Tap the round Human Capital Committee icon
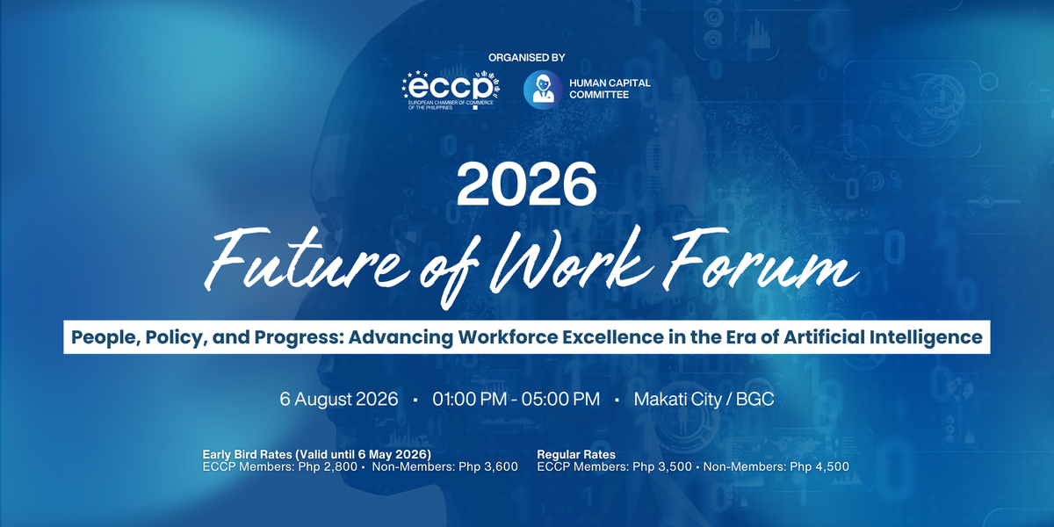[x=543, y=90]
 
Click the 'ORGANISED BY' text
[x=526, y=58]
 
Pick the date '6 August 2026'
[x=334, y=399]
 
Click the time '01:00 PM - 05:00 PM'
[x=516, y=399]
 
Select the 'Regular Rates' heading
[x=576, y=454]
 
